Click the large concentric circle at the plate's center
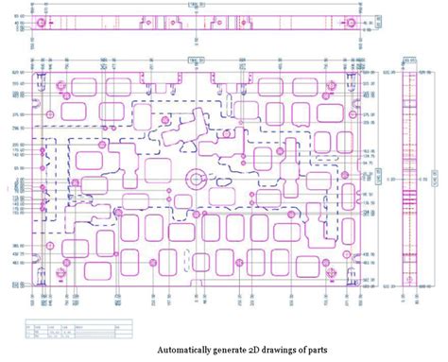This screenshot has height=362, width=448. (x=197, y=178)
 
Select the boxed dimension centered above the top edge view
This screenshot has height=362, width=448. (x=197, y=4)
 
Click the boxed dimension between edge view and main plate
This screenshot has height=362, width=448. (x=197, y=59)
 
